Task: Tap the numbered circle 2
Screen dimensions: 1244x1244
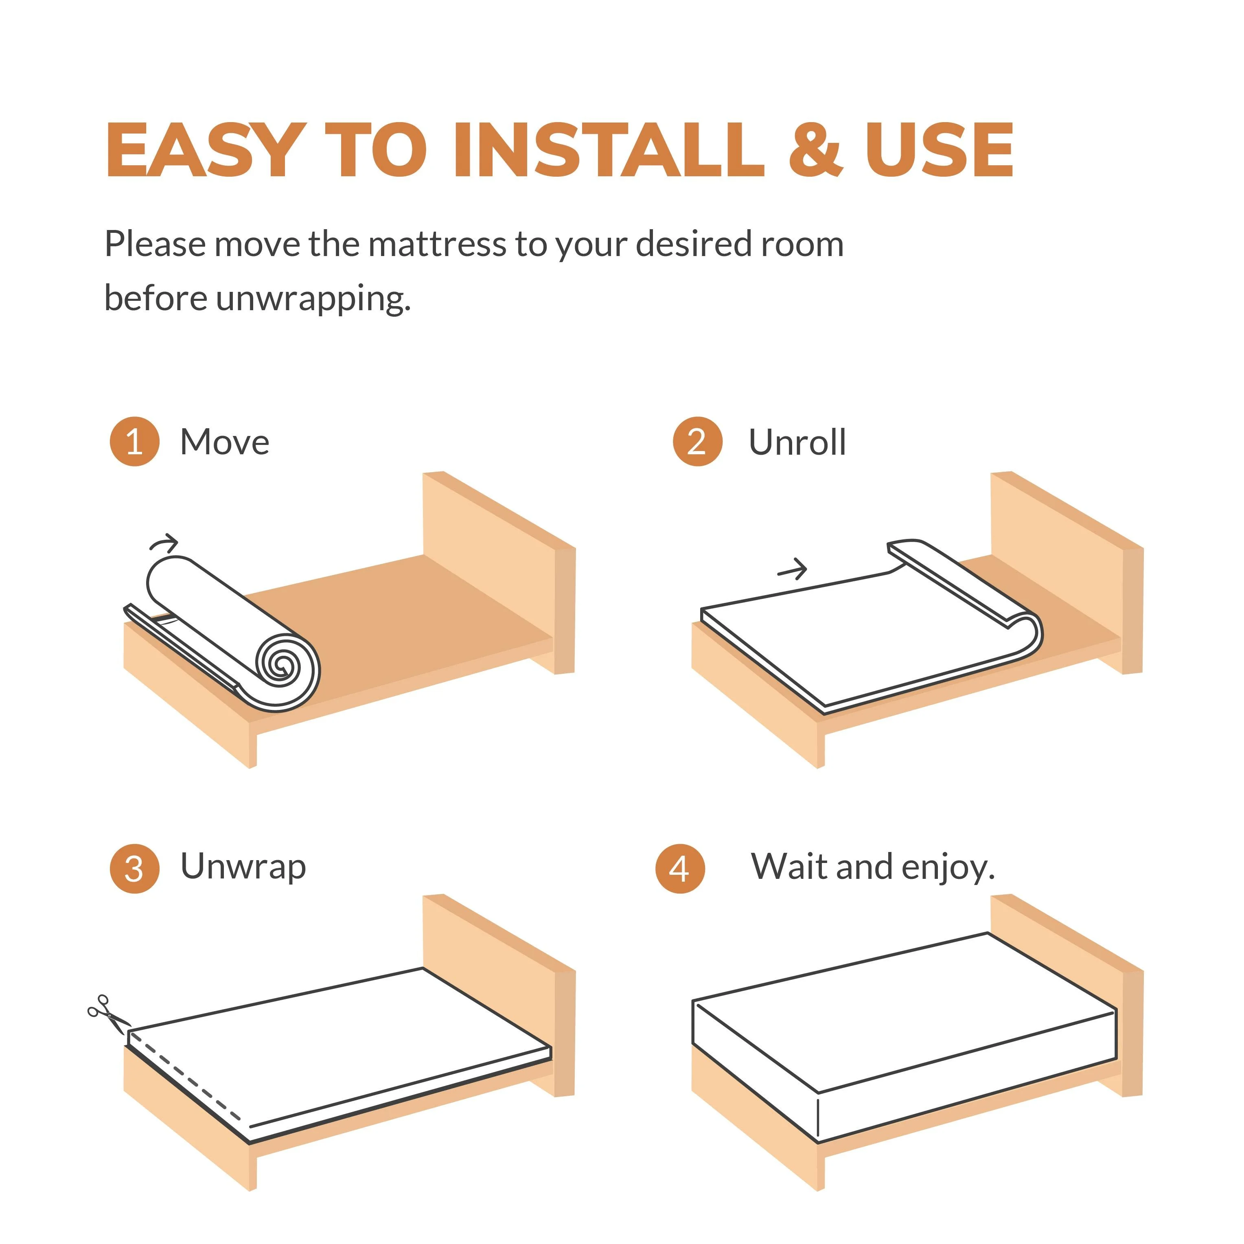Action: [697, 442]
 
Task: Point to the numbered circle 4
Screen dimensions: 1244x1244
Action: [680, 869]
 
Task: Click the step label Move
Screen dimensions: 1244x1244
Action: [225, 442]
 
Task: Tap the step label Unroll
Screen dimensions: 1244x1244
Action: [797, 442]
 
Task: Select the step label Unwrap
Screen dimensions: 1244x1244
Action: [243, 868]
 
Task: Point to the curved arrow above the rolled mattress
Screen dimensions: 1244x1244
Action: [164, 543]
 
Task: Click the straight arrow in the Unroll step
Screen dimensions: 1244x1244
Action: [793, 569]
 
